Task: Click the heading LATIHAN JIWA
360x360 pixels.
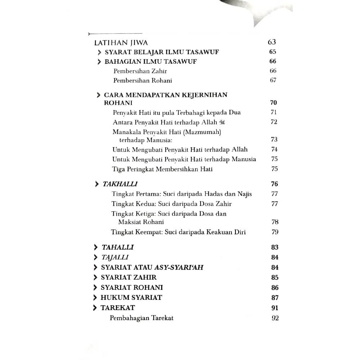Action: (121, 42)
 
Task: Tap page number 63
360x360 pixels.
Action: (272, 42)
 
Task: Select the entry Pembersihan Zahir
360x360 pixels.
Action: (140, 71)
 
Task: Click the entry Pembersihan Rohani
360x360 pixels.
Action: (143, 80)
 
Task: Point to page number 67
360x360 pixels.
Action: (273, 80)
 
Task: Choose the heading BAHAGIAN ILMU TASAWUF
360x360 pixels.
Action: (150, 62)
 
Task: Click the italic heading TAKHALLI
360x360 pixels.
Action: (120, 184)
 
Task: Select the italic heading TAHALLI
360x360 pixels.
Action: (118, 247)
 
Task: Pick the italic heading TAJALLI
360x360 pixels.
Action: (115, 257)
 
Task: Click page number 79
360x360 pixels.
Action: (275, 232)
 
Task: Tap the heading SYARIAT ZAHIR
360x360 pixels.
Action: (129, 278)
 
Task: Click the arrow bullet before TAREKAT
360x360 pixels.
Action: (95, 308)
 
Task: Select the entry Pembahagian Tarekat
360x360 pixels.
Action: (141, 318)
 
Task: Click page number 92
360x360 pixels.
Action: (275, 318)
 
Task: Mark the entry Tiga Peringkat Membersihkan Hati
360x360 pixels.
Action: (162, 169)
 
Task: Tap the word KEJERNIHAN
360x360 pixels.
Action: (206, 95)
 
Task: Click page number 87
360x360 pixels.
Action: (275, 298)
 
